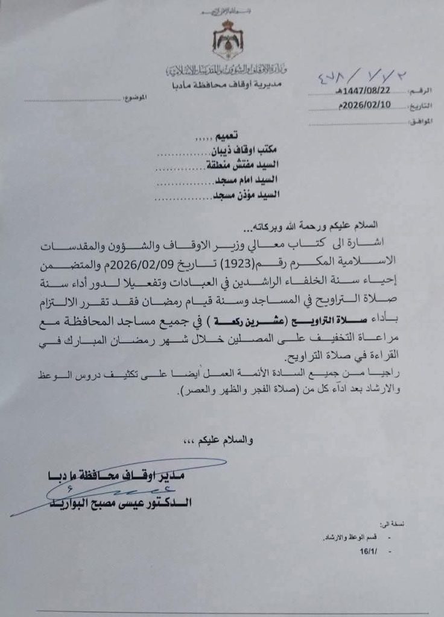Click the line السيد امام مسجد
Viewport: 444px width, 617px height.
249,180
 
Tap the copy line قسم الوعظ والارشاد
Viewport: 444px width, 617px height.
350,537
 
